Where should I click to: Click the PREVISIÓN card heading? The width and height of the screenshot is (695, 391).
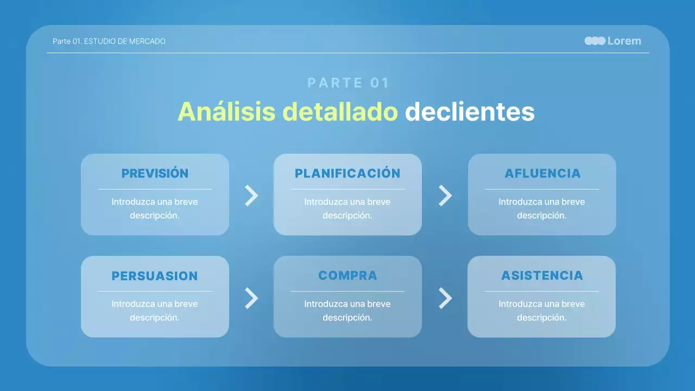[155, 173]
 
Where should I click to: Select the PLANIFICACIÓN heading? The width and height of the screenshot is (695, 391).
[347, 173]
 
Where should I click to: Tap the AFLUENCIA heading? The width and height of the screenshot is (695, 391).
[542, 173]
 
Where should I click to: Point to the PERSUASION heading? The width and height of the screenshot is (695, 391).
[155, 276]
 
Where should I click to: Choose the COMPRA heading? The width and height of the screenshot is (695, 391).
[347, 275]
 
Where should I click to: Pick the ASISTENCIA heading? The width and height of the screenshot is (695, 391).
[542, 275]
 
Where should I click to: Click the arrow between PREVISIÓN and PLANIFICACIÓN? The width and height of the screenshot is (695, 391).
[251, 195]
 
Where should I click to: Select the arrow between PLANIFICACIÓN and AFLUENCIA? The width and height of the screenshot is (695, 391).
[445, 195]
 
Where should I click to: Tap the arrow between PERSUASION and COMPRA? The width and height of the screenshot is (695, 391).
[251, 298]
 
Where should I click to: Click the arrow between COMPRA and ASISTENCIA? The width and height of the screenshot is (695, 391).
[445, 298]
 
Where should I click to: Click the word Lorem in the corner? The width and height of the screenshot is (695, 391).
[624, 41]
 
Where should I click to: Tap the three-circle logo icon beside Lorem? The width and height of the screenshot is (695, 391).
[595, 41]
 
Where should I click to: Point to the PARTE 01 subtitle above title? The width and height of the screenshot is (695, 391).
[349, 83]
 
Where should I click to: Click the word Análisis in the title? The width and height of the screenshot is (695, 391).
[228, 112]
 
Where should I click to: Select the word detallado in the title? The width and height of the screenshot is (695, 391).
[340, 112]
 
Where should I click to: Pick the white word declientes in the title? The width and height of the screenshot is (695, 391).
[470, 112]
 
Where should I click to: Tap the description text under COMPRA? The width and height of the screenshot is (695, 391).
[347, 311]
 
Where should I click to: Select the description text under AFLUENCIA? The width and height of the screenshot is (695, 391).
[542, 209]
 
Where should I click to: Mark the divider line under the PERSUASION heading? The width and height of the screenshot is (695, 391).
[155, 292]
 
